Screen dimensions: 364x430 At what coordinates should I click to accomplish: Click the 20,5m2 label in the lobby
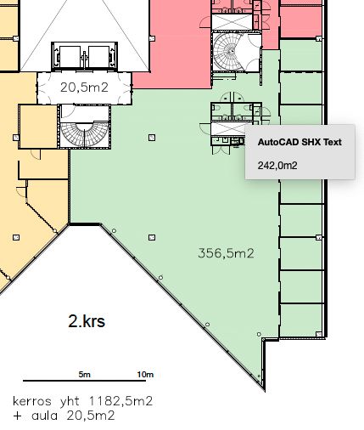coord(84,88)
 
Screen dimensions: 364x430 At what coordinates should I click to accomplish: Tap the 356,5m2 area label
coord(226,253)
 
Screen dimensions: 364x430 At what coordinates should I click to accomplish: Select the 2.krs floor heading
coord(87,321)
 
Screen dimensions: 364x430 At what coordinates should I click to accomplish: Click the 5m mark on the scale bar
coord(85,375)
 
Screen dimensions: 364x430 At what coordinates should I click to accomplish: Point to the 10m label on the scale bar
coord(145,375)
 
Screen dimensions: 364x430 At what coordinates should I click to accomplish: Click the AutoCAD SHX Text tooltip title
coord(300,142)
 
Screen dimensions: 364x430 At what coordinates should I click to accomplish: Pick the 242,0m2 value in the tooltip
coord(277,165)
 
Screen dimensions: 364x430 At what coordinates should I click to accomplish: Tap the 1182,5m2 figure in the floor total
coord(120,401)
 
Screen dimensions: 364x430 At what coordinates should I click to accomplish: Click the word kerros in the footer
coord(32,401)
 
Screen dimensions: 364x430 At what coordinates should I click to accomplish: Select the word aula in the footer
coord(44,416)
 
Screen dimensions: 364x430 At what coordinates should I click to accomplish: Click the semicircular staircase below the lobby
coord(85,134)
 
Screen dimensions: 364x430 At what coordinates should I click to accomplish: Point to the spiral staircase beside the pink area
coord(229,52)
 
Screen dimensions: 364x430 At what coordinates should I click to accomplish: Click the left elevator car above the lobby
coord(70,57)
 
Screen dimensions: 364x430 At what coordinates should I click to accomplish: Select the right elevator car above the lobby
coord(98,57)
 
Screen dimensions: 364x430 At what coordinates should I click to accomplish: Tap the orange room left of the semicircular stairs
coord(38,127)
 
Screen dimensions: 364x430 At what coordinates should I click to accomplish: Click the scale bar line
coord(84,381)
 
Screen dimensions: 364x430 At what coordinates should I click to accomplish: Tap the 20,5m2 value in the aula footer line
coord(91,416)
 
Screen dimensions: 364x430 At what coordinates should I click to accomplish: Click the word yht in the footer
coord(70,401)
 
